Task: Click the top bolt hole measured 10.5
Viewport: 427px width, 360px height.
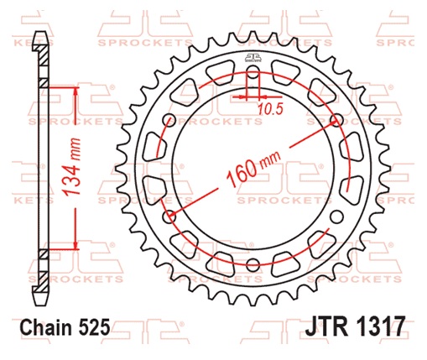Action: coord(252,74)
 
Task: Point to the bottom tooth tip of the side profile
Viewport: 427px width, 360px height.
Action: coord(38,302)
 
